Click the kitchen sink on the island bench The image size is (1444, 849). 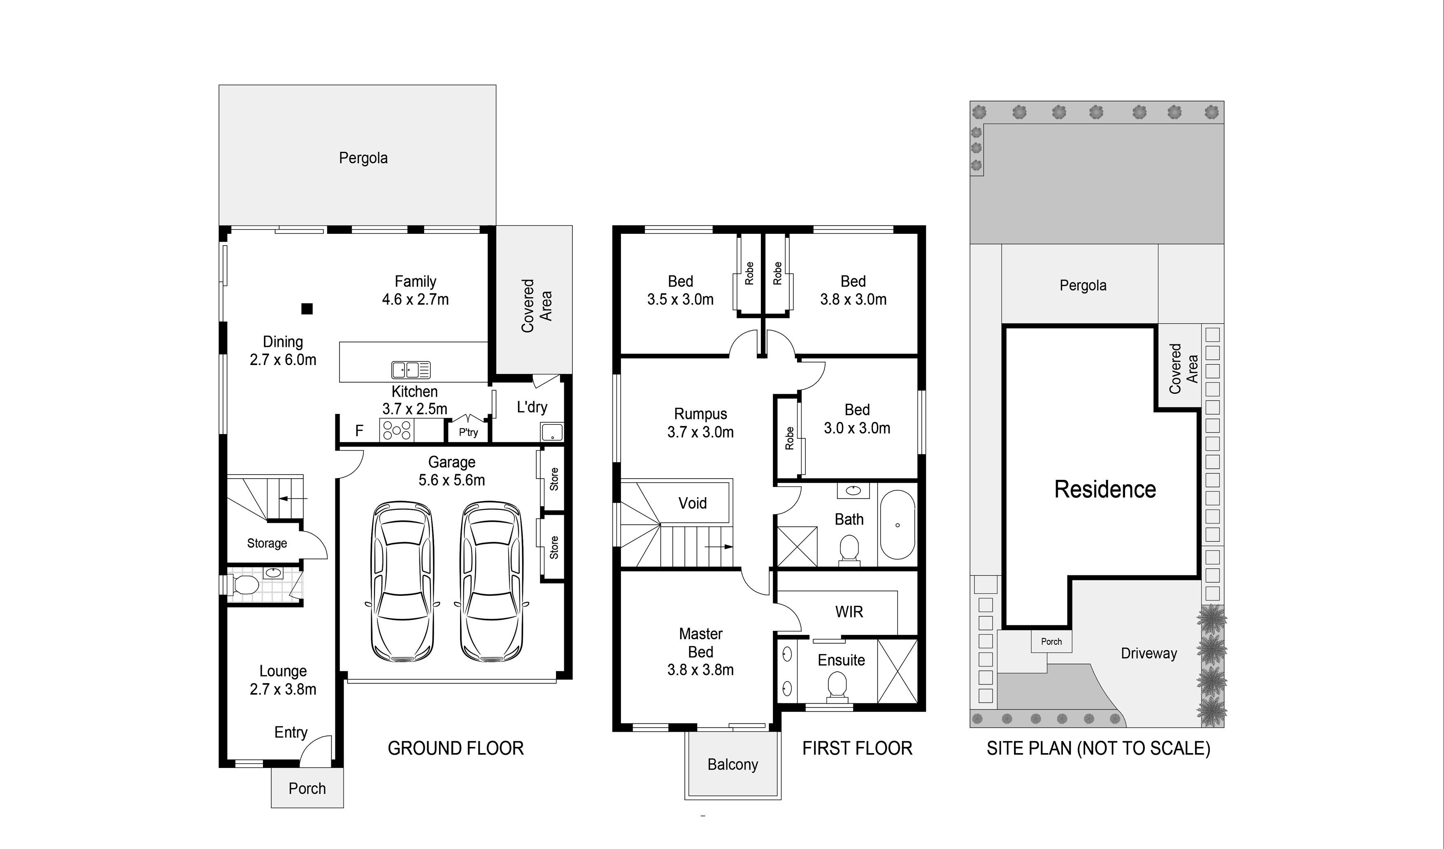[411, 370]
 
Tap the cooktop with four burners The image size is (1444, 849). [397, 430]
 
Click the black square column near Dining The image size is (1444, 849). [307, 309]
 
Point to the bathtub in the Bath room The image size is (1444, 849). [898, 525]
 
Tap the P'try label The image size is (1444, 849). [468, 433]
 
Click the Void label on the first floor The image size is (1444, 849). [692, 503]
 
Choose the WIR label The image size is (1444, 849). [849, 612]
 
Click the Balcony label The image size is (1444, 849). [732, 764]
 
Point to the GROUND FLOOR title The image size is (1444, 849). [456, 748]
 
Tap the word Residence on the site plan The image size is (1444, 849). [1105, 489]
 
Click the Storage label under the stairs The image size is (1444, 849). [267, 543]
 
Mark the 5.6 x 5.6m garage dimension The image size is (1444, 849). [451, 480]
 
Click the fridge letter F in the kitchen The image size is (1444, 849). [359, 431]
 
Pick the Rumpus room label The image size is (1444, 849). [700, 414]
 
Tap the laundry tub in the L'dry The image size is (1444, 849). [552, 432]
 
